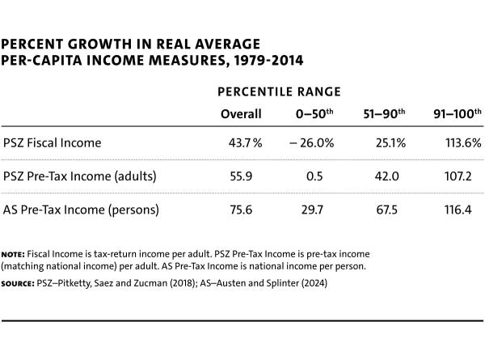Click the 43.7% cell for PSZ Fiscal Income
(246, 143)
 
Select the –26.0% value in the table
(311, 143)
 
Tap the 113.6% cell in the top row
(462, 143)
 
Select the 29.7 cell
(316, 210)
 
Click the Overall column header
(241, 114)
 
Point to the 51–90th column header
(385, 114)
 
